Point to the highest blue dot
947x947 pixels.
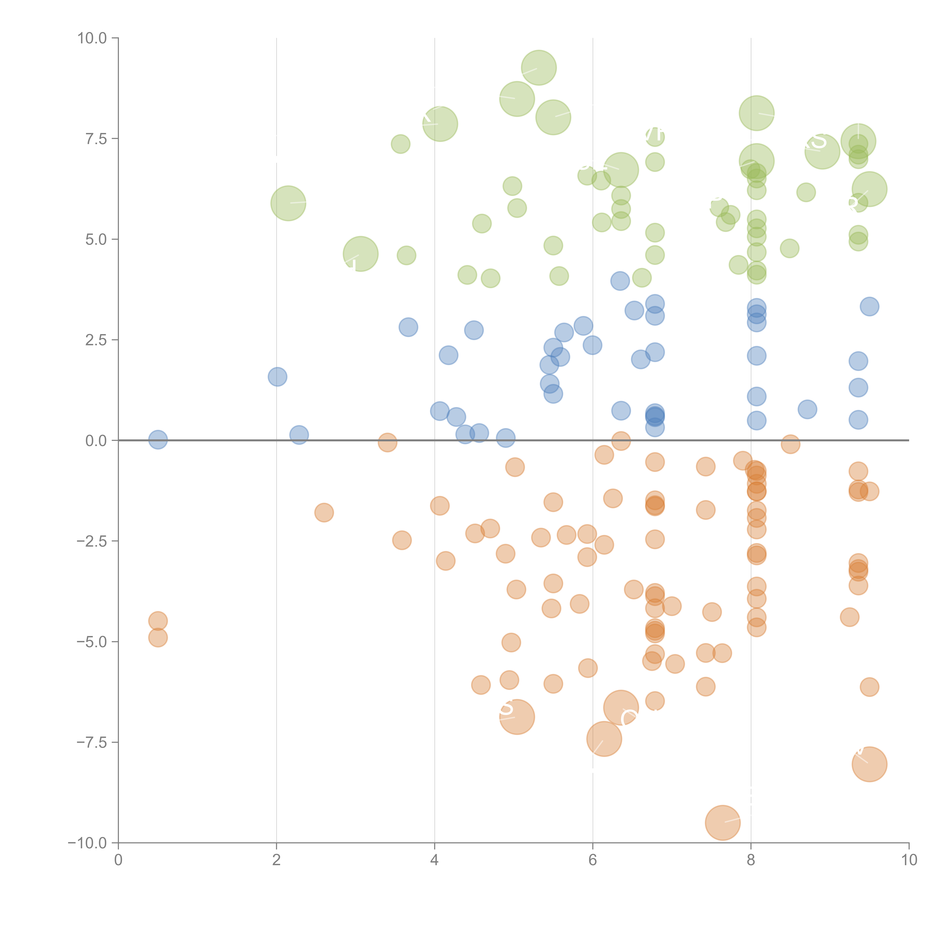pyautogui.click(x=620, y=281)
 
